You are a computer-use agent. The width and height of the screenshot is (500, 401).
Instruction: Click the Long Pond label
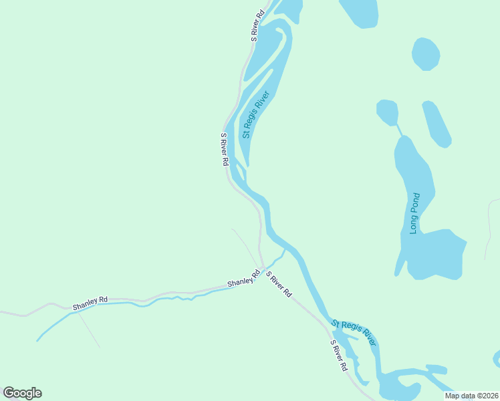(414, 213)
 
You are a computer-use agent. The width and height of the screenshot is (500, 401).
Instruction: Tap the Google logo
(22, 393)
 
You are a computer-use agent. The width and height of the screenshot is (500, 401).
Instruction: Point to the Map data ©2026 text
(471, 396)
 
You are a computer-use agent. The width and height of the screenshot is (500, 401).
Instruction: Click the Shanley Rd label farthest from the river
(90, 303)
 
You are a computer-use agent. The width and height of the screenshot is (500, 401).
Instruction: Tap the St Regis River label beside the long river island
(255, 114)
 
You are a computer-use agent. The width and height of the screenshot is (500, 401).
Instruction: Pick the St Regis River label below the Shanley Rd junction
(354, 333)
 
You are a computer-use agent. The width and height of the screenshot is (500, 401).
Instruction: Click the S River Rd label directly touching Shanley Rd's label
(279, 284)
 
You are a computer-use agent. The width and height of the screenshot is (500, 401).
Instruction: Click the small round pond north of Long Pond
(426, 53)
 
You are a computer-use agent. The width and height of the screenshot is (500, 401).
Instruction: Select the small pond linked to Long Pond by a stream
(387, 112)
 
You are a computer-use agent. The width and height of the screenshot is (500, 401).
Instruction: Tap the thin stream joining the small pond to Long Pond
(399, 129)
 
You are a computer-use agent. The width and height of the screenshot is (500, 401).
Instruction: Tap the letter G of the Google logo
(9, 393)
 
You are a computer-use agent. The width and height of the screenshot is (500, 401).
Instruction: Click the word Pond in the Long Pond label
(414, 205)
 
